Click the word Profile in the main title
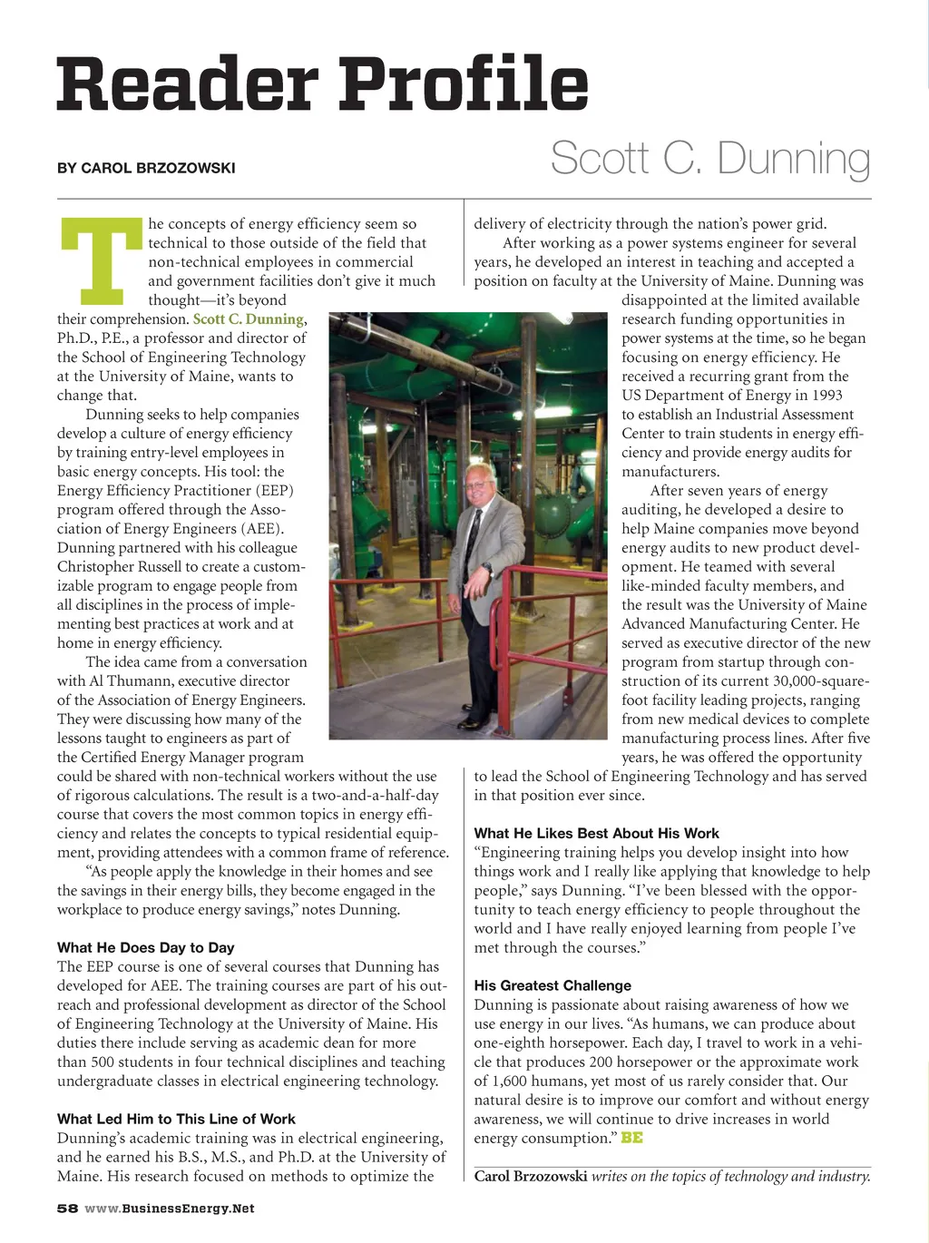click(x=464, y=83)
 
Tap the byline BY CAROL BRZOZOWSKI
click(x=146, y=168)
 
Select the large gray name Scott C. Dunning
click(x=709, y=158)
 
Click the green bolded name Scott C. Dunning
click(x=248, y=319)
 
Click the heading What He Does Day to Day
click(x=146, y=947)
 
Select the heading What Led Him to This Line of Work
click(x=176, y=1119)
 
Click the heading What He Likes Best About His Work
click(x=596, y=833)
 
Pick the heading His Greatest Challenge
click(x=553, y=985)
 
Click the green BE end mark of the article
click(x=631, y=1138)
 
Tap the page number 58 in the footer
click(x=67, y=1209)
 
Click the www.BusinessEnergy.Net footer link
click(x=170, y=1209)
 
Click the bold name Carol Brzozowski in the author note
click(x=531, y=1177)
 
